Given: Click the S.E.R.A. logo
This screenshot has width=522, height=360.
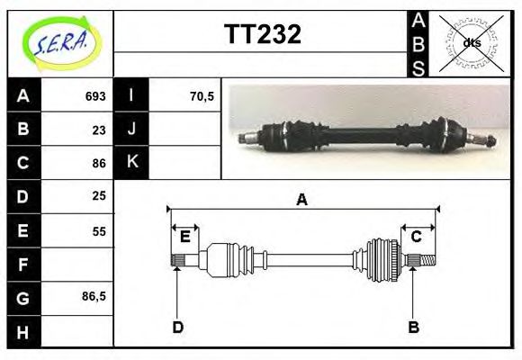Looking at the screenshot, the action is click(62, 43).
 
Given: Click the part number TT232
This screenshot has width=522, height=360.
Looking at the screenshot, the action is click(263, 34).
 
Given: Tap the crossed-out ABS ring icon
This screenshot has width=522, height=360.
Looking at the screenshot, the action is click(471, 43).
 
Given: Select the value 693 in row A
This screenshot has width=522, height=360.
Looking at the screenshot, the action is click(95, 96).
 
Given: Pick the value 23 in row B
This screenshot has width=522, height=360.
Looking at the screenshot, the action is click(99, 130).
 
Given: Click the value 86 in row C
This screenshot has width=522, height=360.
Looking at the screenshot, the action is click(99, 164).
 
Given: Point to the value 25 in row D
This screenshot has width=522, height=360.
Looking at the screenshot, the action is click(99, 196).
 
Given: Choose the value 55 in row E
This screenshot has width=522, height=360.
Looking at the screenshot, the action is click(99, 231).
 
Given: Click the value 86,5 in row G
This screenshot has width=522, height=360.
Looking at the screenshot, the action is click(94, 296).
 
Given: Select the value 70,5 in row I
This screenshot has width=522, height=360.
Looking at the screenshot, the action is click(202, 96).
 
